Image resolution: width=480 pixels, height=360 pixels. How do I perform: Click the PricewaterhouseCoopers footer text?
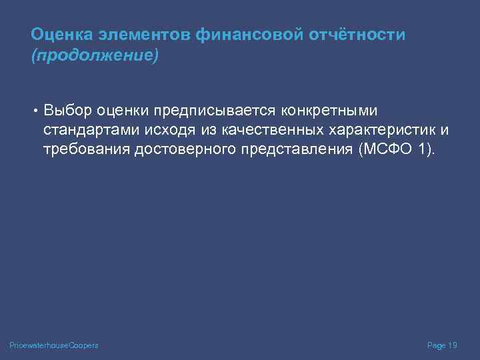point(54,345)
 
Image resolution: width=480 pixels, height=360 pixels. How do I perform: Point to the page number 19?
point(453,345)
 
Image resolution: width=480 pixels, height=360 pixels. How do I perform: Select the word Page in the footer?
point(436,345)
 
